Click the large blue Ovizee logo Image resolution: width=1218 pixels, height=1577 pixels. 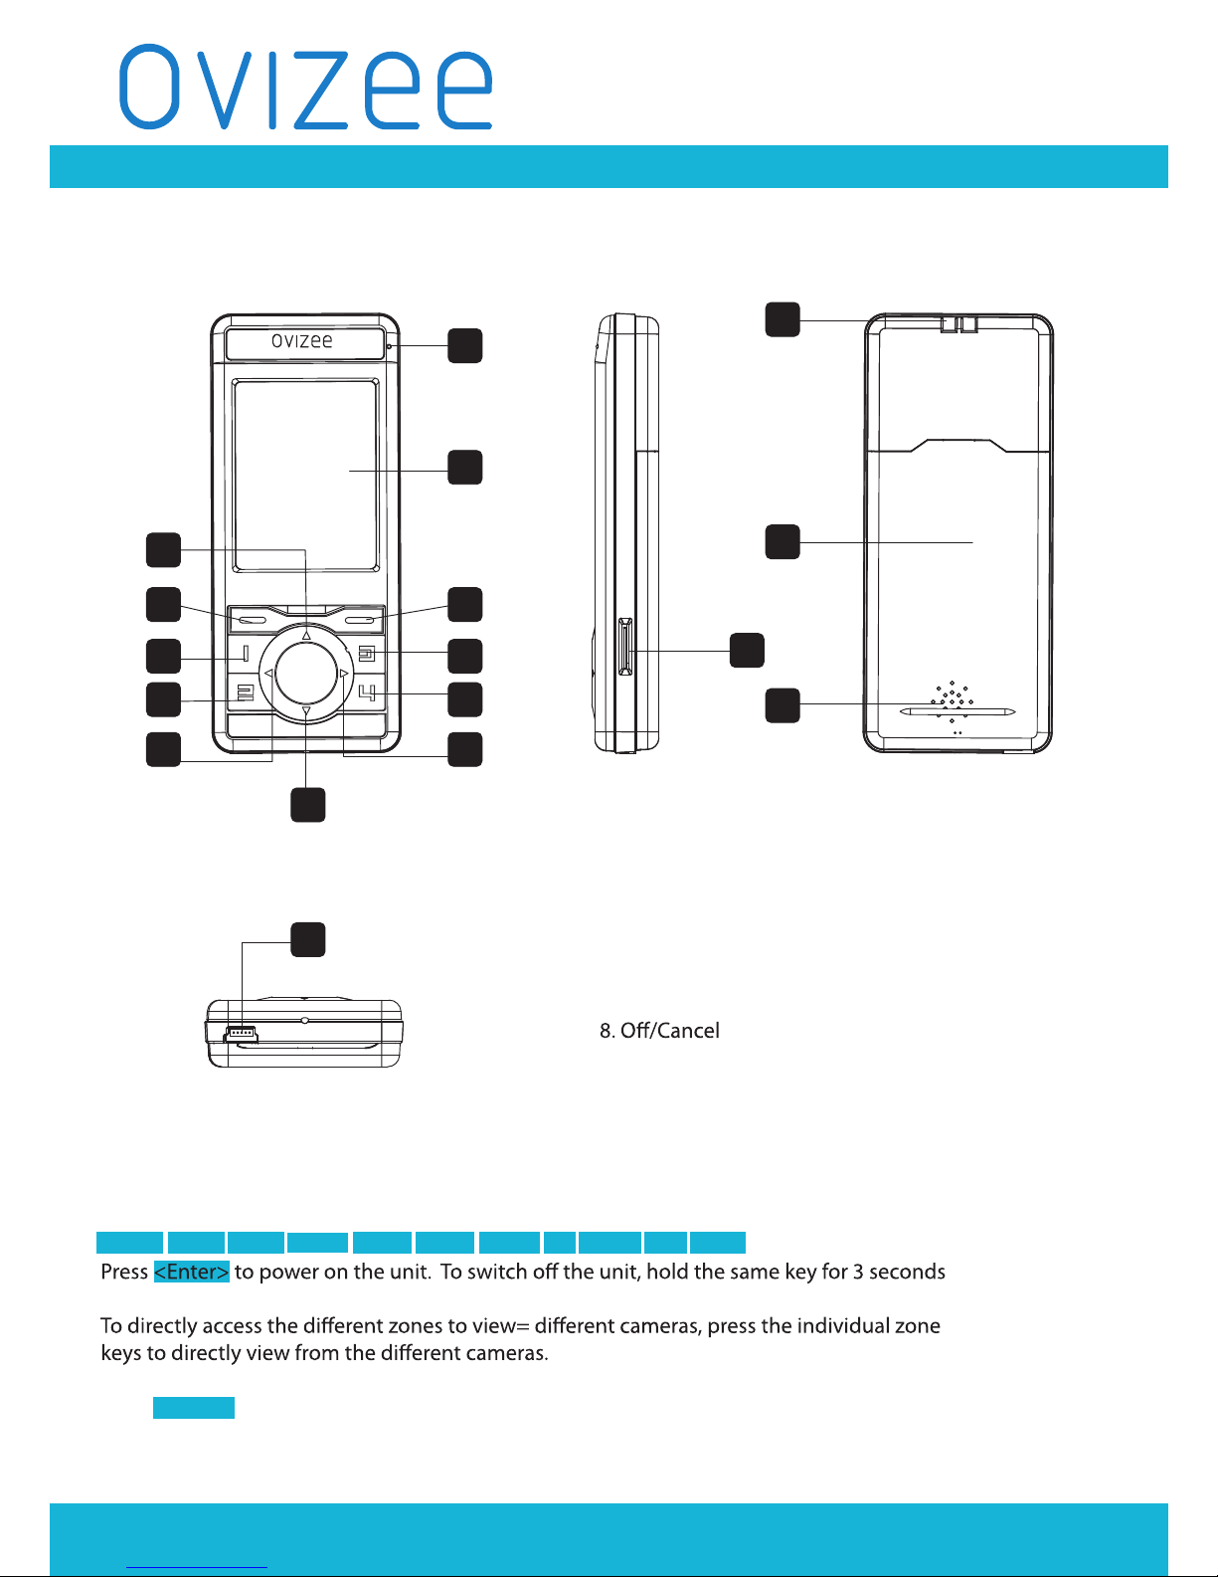pos(305,88)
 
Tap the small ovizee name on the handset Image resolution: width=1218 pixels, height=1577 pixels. pos(301,341)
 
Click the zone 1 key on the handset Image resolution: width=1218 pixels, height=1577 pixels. pos(246,654)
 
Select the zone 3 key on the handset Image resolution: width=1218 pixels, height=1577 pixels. pos(367,654)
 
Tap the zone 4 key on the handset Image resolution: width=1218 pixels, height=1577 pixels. pos(368,693)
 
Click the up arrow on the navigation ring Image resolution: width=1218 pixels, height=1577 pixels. pos(306,635)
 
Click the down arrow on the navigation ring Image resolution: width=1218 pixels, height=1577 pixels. pos(306,712)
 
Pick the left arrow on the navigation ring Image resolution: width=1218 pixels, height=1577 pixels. pos(268,674)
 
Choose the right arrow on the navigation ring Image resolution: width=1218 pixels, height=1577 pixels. pos(344,674)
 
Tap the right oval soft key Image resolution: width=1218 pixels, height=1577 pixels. pos(360,621)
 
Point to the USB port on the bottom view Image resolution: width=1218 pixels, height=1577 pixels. pos(242,1032)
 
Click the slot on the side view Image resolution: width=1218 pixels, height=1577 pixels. pos(625,647)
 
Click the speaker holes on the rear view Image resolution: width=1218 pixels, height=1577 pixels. pos(952,701)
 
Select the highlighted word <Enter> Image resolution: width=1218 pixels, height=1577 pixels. pos(191,1272)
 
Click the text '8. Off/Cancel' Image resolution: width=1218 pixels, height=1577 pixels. pos(659,1031)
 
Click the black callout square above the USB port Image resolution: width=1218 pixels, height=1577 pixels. pos(308,940)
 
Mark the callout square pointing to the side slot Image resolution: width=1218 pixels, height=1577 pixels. pos(747,651)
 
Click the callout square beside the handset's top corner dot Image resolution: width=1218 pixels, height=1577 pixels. pos(464,345)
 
